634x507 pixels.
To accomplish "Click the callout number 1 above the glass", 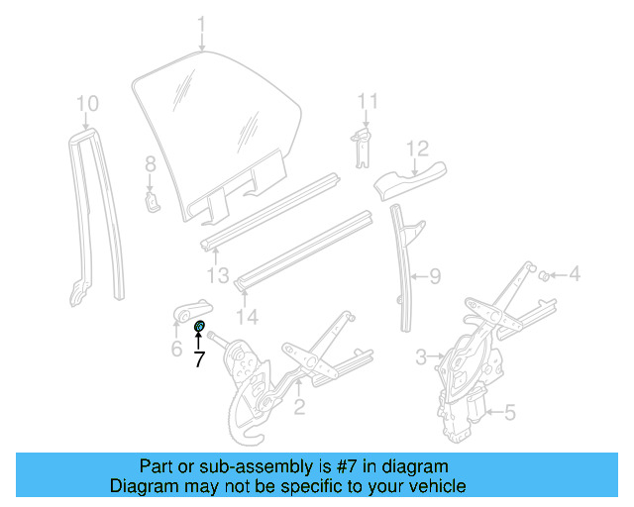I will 201,22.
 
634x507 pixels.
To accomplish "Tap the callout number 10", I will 87,102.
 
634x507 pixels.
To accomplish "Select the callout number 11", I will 368,101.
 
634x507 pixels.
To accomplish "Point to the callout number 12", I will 416,149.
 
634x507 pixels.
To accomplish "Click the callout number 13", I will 218,274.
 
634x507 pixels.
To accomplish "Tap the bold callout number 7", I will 199,360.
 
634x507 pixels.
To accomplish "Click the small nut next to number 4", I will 544,274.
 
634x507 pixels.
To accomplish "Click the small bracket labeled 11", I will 365,141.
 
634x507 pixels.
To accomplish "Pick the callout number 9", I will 434,278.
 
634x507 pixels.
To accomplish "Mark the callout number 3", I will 421,355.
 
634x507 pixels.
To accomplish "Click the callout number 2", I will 298,407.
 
